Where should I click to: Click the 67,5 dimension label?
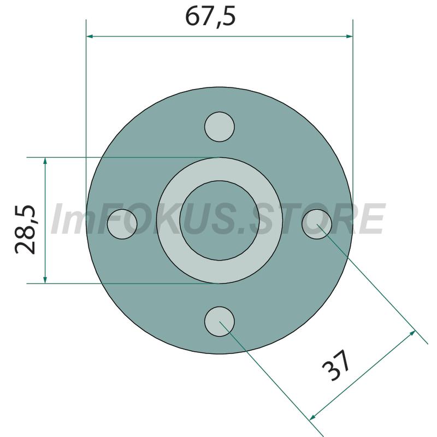click(210, 16)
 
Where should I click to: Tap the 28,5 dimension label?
click(25, 229)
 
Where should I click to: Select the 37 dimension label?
click(336, 365)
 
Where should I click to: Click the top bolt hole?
click(220, 127)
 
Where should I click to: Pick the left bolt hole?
click(122, 224)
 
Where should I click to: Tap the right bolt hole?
click(317, 224)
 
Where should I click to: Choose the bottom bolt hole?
click(220, 322)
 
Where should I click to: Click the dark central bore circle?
click(220, 221)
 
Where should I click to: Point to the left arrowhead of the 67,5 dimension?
click(90, 36)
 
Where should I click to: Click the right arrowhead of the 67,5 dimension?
click(349, 36)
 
